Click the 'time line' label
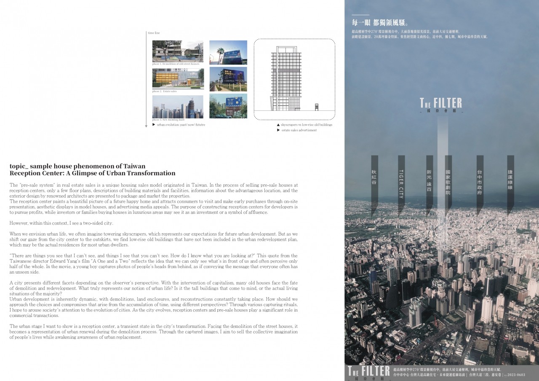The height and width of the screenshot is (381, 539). pyautogui.click(x=154, y=33)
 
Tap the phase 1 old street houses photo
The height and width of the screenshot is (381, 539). pyautogui.click(x=178, y=51)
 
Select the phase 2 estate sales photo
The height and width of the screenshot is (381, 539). pyautogui.click(x=178, y=79)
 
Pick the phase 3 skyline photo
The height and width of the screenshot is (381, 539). pyautogui.click(x=178, y=107)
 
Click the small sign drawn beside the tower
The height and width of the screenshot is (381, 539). pyautogui.click(x=317, y=107)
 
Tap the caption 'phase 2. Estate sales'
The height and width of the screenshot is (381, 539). pyautogui.click(x=165, y=91)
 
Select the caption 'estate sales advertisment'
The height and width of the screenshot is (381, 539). pyautogui.click(x=299, y=130)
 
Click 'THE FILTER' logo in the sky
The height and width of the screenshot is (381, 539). pyautogui.click(x=441, y=103)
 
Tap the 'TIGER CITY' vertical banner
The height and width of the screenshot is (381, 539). pyautogui.click(x=401, y=183)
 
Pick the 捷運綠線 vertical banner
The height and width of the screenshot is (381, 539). pyautogui.click(x=510, y=179)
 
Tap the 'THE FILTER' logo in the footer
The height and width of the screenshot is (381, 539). pyautogui.click(x=368, y=371)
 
